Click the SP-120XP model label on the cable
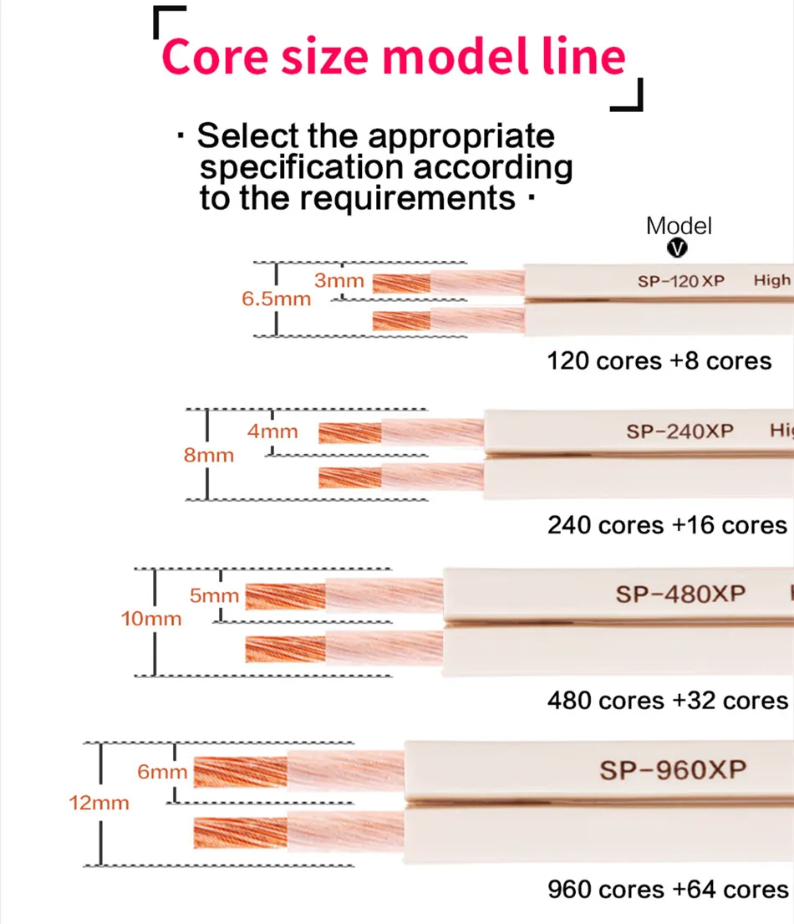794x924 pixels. [681, 281]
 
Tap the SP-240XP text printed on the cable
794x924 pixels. [679, 431]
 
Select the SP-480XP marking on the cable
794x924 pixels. [680, 594]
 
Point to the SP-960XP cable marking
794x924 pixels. [672, 769]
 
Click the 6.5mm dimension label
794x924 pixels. [276, 299]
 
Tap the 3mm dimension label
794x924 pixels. [339, 281]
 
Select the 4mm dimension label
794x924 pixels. [272, 431]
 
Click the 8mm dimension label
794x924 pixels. [209, 456]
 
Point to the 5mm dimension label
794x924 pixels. [215, 596]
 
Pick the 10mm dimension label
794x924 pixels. [151, 620]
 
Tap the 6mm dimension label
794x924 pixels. [163, 772]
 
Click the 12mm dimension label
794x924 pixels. [99, 803]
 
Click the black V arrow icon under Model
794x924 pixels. [679, 248]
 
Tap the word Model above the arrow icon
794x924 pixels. [679, 226]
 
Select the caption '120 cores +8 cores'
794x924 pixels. [659, 361]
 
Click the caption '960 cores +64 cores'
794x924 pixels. [668, 889]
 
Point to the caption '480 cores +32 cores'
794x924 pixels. [668, 700]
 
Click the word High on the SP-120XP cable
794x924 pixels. [771, 280]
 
